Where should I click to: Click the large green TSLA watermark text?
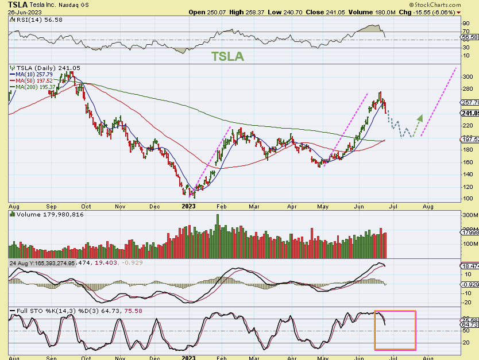[227, 56]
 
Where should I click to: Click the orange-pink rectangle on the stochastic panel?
[395, 330]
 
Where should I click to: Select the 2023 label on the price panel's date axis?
[189, 205]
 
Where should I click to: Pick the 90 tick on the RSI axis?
[465, 24]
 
